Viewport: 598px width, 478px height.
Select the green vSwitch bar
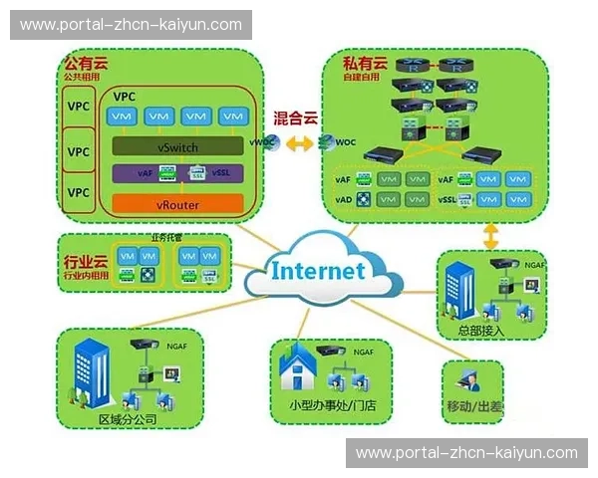pos(177,147)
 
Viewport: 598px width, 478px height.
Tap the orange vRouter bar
pos(177,204)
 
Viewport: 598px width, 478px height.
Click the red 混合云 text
pos(295,118)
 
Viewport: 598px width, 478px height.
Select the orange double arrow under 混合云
pos(296,142)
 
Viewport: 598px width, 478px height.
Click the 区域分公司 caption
pos(128,418)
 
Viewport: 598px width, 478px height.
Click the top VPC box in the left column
pos(79,106)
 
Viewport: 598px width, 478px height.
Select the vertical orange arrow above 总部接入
pos(490,237)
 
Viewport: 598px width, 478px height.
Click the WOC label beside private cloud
pos(345,142)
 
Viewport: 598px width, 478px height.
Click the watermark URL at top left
pos(131,24)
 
